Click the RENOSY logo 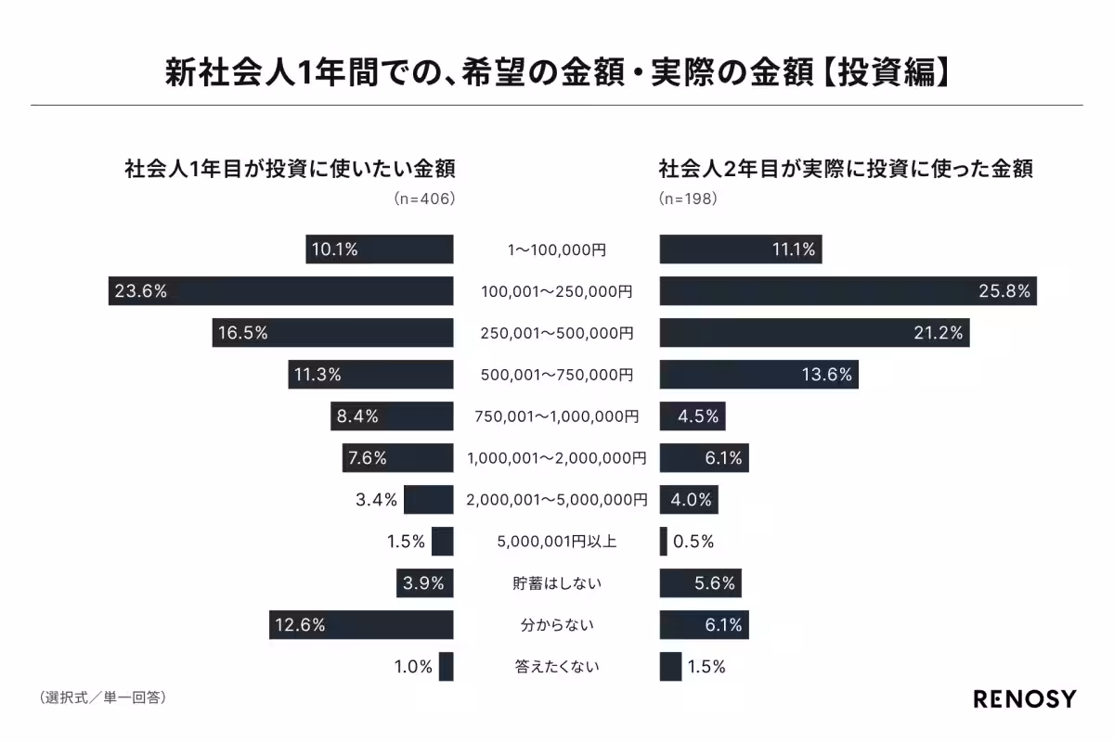click(1024, 698)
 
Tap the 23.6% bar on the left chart click(280, 291)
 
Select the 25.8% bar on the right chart click(848, 291)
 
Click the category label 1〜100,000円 click(556, 249)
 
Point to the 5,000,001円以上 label click(556, 542)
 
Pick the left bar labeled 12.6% click(361, 625)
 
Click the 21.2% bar click(814, 333)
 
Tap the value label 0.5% click(693, 542)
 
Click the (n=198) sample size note click(688, 198)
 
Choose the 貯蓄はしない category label click(556, 583)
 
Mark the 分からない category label click(556, 625)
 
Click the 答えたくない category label click(556, 667)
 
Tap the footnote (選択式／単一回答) click(102, 696)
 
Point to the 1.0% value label click(413, 667)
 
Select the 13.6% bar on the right click(759, 375)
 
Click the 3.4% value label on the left click(376, 500)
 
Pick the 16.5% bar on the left click(332, 333)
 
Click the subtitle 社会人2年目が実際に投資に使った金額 click(846, 170)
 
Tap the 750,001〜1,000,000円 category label click(556, 416)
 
